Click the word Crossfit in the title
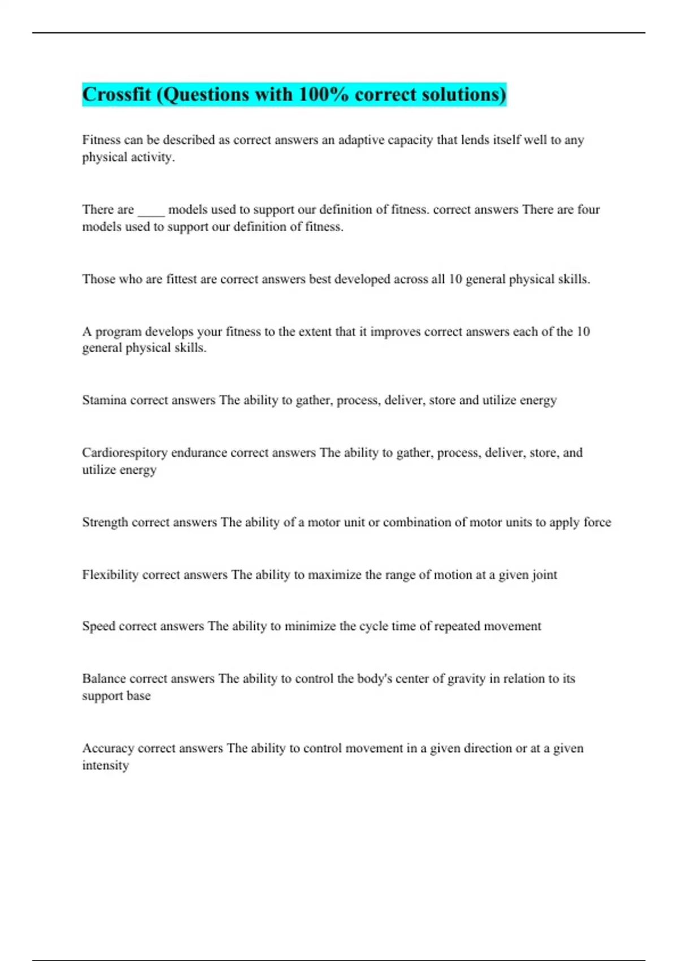click(116, 94)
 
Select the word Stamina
click(104, 400)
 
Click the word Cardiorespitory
click(124, 453)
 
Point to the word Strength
click(105, 522)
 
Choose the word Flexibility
click(110, 575)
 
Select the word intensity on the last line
click(105, 765)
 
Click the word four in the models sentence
click(588, 210)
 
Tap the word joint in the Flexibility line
click(544, 575)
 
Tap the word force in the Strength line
click(597, 522)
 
